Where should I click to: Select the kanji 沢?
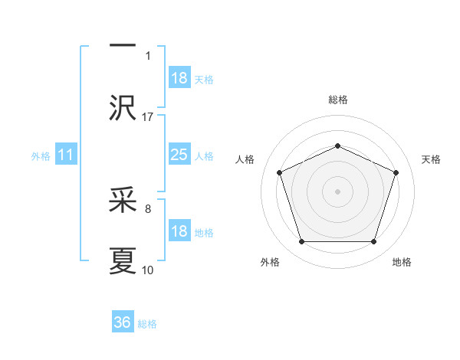(123, 107)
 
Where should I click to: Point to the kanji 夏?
(123, 260)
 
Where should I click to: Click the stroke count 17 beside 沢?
(148, 116)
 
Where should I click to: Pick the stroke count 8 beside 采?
(148, 207)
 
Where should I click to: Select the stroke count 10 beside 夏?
(148, 270)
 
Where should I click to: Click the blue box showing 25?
(179, 155)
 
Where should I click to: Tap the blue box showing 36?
(123, 322)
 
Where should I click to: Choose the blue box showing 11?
(65, 155)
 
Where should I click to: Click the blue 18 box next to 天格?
(179, 78)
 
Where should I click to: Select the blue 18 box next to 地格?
(179, 232)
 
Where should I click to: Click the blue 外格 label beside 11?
(41, 156)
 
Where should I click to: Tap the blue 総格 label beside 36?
(147, 323)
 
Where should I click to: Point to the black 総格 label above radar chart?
(338, 100)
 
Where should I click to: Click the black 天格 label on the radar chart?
(431, 159)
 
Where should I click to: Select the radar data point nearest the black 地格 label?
(373, 242)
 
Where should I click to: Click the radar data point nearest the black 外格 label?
(301, 242)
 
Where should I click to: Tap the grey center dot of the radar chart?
(337, 191)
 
